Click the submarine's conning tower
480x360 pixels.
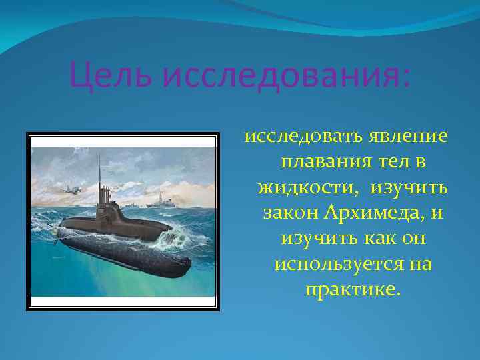pyautogui.click(x=105, y=200)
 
